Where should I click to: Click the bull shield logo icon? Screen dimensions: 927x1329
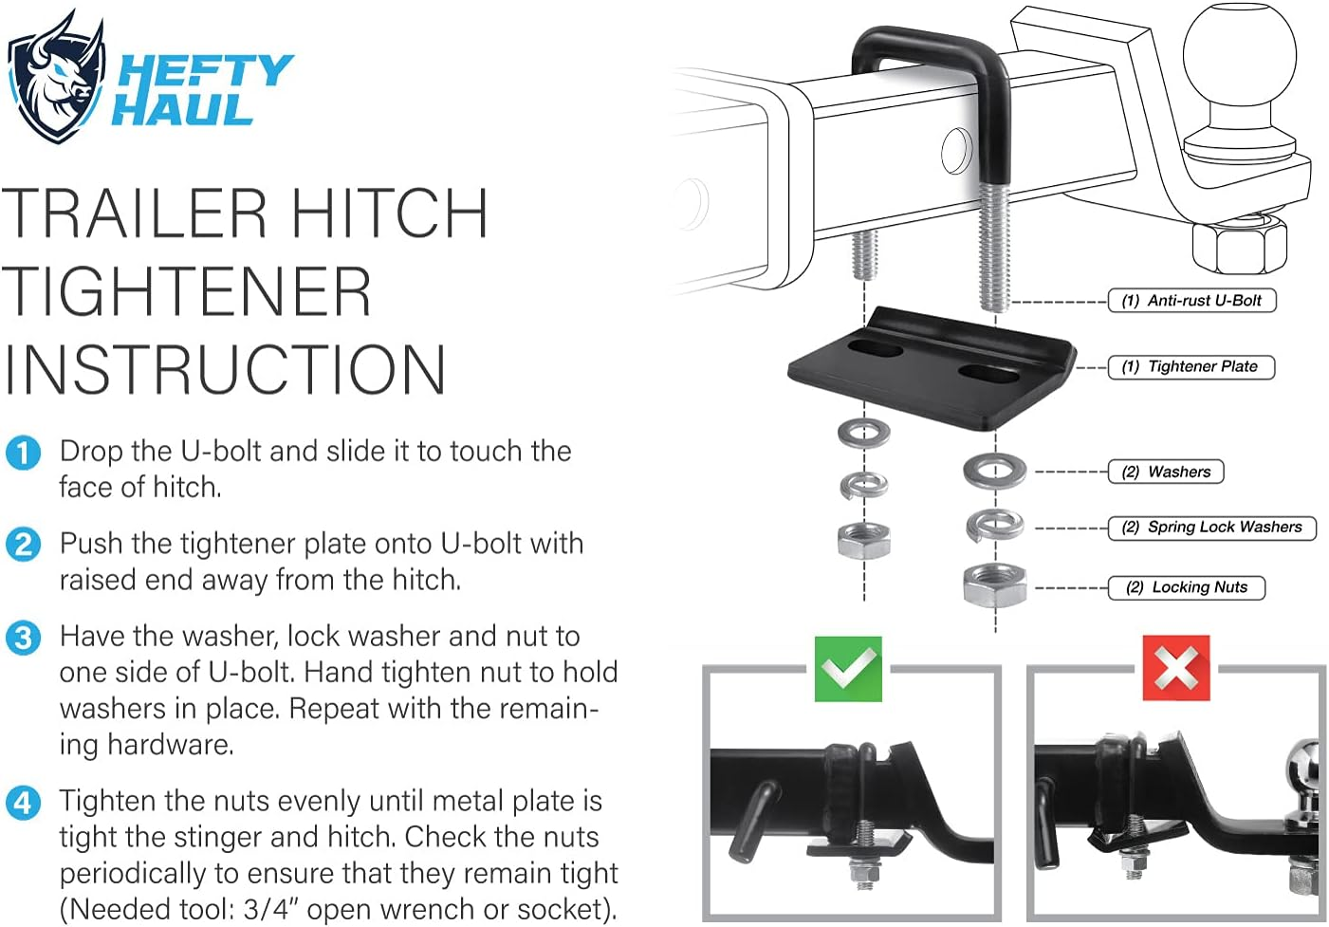click(x=55, y=78)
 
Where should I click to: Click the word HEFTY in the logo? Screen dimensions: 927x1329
click(x=205, y=72)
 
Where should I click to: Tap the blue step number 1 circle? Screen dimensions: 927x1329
click(x=23, y=453)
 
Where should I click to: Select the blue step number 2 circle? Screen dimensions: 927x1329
click(x=23, y=545)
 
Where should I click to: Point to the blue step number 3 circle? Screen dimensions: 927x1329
click(x=23, y=637)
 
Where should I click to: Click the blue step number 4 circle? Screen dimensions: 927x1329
click(x=23, y=803)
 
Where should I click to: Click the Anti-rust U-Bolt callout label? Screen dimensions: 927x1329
click(x=1191, y=301)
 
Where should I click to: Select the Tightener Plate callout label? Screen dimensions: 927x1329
click(x=1191, y=367)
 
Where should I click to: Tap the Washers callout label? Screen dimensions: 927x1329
click(x=1166, y=472)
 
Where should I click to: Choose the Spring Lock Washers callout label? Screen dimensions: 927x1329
click(x=1212, y=528)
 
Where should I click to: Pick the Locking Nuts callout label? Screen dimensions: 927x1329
click(x=1187, y=587)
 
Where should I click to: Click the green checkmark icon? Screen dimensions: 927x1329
click(x=848, y=669)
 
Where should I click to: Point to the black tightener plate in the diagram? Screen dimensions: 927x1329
click(x=930, y=370)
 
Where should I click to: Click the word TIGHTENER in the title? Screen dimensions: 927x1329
click(x=187, y=291)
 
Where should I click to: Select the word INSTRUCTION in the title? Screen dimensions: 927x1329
click(x=224, y=370)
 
